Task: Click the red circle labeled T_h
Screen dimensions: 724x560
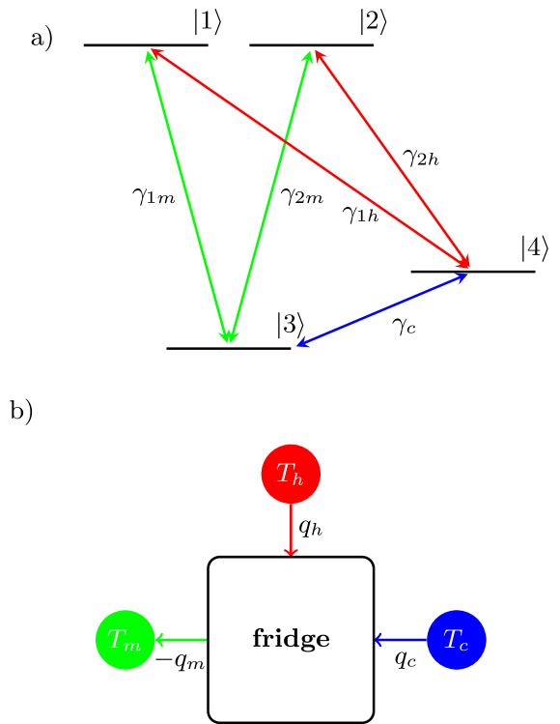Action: click(291, 474)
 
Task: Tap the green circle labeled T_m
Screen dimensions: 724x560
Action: click(126, 639)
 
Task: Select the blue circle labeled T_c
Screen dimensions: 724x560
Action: click(456, 639)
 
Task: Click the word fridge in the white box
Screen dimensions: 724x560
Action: click(291, 639)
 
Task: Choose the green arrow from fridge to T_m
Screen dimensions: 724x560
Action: click(182, 639)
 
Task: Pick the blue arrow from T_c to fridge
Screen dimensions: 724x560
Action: click(401, 639)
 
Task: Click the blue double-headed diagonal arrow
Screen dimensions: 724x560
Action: click(382, 310)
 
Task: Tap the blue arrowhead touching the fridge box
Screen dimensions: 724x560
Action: click(378, 639)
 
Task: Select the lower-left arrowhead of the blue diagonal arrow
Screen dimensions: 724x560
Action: click(300, 343)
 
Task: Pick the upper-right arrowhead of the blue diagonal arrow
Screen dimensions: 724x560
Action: click(464, 276)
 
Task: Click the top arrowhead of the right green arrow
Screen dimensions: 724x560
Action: click(309, 54)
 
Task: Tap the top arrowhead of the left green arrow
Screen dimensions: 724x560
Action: click(149, 54)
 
